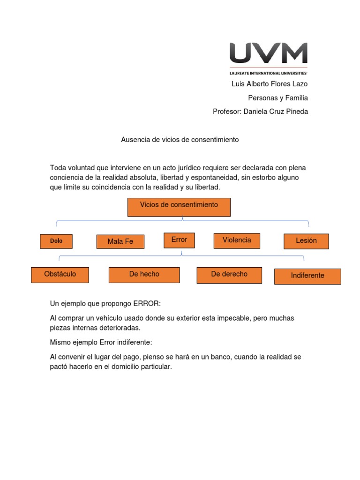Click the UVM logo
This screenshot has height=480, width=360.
coord(268,53)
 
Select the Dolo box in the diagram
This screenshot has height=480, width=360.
coord(56,241)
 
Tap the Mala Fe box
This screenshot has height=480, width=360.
coord(120,241)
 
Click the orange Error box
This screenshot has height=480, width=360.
coord(179,240)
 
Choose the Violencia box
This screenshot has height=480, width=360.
coord(237,240)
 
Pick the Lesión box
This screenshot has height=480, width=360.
coord(306,241)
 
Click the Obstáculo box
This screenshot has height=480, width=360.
coord(60,274)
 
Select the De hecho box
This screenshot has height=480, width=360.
coord(144,275)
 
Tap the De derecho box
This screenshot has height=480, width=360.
coord(229,274)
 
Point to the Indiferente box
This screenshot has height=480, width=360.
coord(307,276)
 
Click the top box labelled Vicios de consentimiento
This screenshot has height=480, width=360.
coord(179,206)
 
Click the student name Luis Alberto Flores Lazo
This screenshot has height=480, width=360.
coord(270,84)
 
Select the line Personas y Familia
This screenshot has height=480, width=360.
coord(278,98)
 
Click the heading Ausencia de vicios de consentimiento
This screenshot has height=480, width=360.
coord(180,140)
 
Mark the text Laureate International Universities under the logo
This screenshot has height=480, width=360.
coord(268,73)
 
